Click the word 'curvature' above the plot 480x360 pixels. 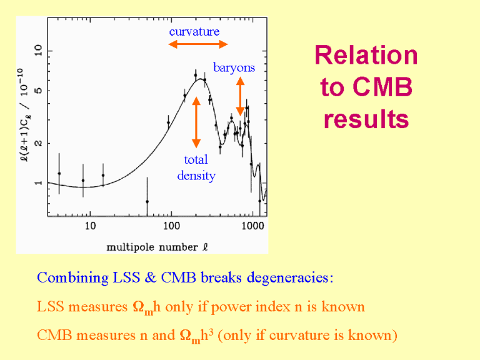tap(194, 31)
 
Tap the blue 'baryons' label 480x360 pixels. tap(234, 67)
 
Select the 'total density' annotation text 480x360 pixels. tap(196, 167)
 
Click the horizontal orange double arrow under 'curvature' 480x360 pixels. tap(198, 44)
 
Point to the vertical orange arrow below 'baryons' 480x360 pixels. tap(240, 96)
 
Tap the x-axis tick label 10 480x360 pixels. tap(90, 225)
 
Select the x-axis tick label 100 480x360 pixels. tap(171, 225)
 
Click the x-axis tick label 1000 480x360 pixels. tap(252, 225)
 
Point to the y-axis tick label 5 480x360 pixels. tap(39, 91)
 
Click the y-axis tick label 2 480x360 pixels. tap(39, 143)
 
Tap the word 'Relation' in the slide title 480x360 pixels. tap(366, 56)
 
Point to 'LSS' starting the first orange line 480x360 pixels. tap(50, 307)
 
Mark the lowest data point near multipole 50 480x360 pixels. tap(147, 201)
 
